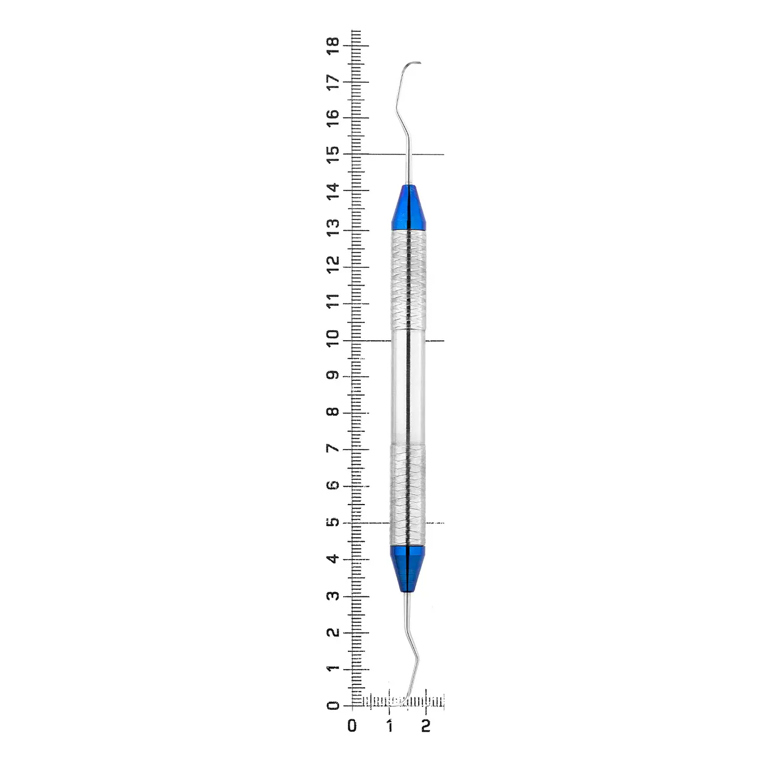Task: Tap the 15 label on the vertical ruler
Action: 333,154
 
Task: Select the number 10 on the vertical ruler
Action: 333,338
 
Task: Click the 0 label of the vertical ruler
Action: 333,706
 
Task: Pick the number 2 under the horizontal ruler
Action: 426,725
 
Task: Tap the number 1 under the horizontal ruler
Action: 389,725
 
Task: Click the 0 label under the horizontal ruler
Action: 352,725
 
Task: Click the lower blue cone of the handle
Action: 408,568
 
